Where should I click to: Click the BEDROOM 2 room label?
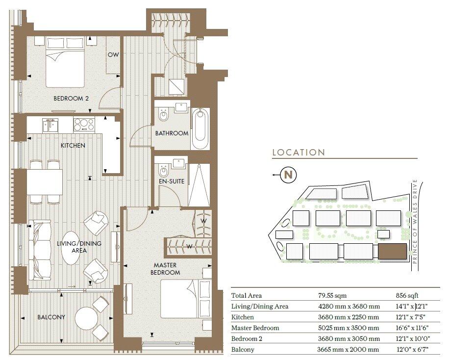(71, 98)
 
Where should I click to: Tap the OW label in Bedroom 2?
(113, 54)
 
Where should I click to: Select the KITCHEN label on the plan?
(73, 145)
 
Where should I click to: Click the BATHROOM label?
(172, 133)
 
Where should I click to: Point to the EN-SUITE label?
(172, 181)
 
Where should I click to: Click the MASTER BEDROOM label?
(165, 269)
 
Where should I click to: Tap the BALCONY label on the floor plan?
(51, 317)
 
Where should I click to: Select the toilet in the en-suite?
(164, 171)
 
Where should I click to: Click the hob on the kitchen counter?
(84, 125)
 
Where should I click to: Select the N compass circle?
(288, 175)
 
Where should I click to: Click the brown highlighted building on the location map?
(392, 252)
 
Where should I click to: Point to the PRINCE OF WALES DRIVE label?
(415, 221)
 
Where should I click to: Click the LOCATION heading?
(299, 153)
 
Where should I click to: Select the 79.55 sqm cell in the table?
(332, 296)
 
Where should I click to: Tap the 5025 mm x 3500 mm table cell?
(349, 328)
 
